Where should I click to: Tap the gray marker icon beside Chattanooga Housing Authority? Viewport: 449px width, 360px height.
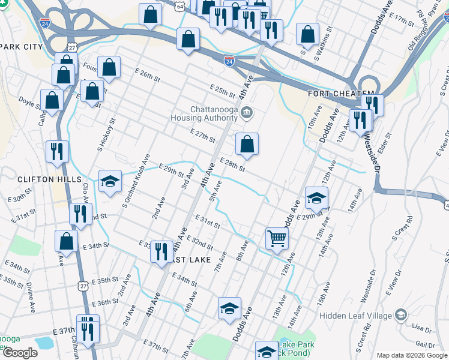247,113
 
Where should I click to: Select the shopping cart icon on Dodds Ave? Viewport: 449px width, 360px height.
277,238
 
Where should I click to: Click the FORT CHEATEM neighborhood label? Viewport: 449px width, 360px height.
333,94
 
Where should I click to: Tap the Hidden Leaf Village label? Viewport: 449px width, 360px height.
354,316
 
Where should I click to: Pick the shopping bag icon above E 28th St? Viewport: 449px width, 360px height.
247,145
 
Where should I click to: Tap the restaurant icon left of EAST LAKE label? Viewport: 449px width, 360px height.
161,251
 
